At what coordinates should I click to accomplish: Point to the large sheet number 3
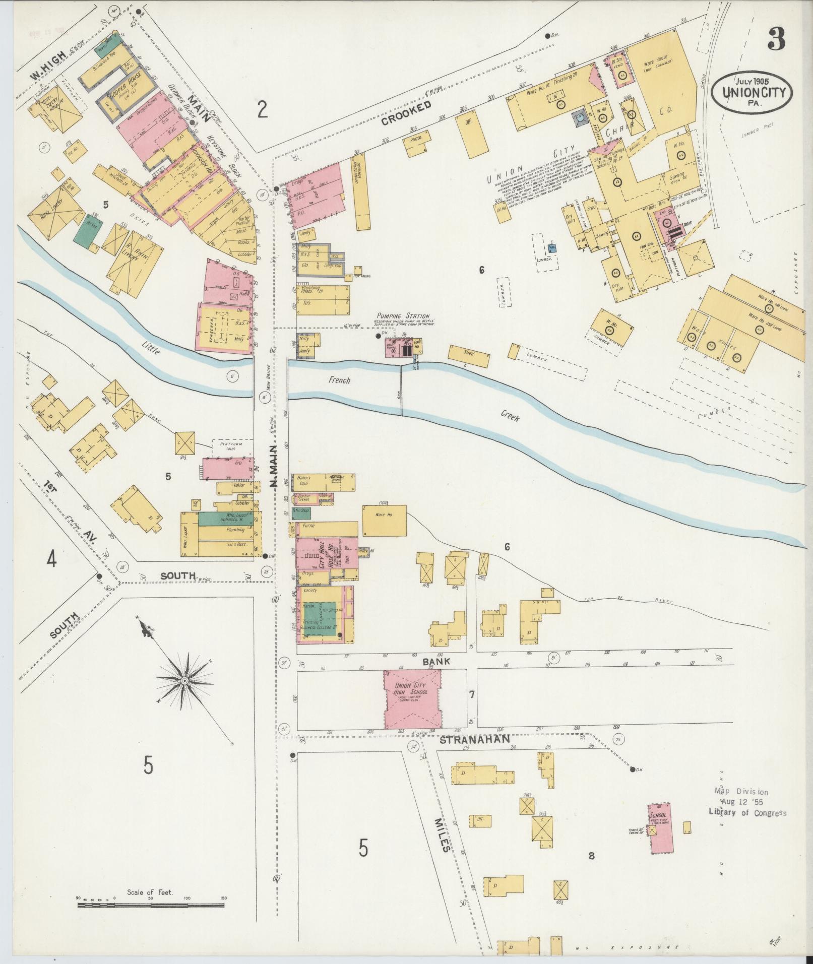pyautogui.click(x=776, y=40)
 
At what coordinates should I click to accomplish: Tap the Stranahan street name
pyautogui.click(x=475, y=740)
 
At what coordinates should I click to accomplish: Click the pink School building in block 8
pyautogui.click(x=658, y=829)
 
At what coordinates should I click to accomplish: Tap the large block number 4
pyautogui.click(x=51, y=560)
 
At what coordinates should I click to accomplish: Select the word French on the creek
pyautogui.click(x=339, y=380)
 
